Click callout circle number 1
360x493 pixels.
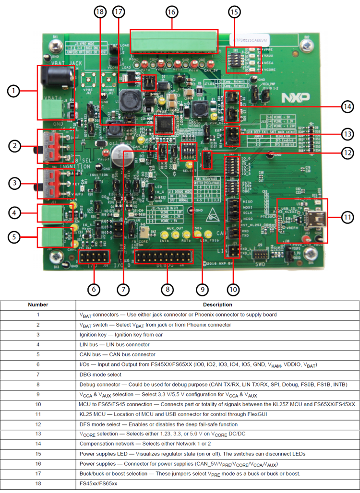[x=14, y=90]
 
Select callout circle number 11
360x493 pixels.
[x=347, y=217]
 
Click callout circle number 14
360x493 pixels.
[x=347, y=106]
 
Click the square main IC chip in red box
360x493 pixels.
[x=163, y=125]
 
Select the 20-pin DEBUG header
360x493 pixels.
[x=163, y=258]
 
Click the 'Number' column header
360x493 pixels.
[x=38, y=305]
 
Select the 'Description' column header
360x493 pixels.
[x=217, y=305]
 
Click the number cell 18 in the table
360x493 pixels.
[x=38, y=484]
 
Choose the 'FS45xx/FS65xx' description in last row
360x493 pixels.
[x=98, y=484]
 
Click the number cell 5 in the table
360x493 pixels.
[x=38, y=354]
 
